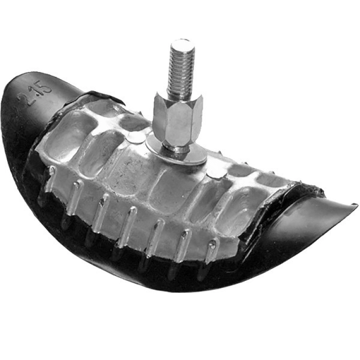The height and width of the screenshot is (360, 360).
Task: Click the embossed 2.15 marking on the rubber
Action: pos(35,94)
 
